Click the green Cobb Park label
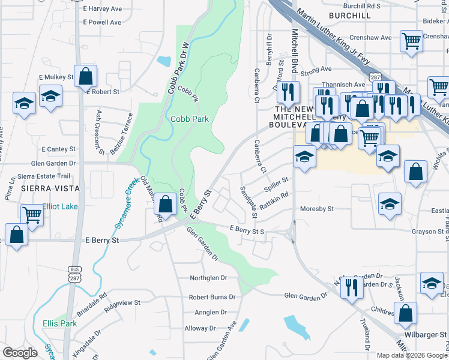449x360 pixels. [x=190, y=119]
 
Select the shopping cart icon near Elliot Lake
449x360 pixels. [x=31, y=214]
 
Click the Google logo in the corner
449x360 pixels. [x=20, y=352]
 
